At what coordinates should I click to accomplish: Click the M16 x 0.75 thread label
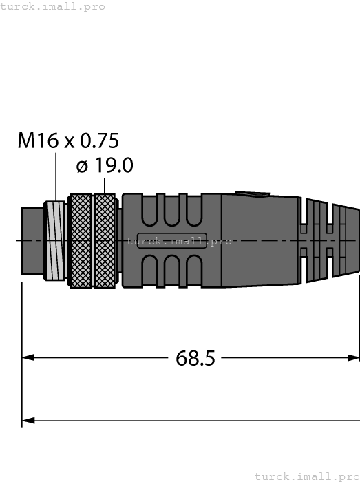tap(68, 140)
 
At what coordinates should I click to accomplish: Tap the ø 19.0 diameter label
tap(104, 166)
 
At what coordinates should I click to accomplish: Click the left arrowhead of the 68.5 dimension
tap(28, 358)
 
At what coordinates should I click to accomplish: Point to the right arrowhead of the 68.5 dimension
tap(354, 358)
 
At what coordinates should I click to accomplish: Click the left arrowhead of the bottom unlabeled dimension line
tap(28, 420)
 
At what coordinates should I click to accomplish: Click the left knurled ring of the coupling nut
tap(81, 241)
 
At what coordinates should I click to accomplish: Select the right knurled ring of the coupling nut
tap(105, 241)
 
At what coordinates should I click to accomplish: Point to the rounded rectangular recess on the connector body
tap(172, 241)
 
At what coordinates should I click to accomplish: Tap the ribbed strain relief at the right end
tap(330, 241)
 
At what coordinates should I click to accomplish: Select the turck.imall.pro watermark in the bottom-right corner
tap(307, 476)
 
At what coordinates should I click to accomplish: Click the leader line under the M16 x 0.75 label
tap(55, 176)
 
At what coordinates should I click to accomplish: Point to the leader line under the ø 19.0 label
tap(104, 185)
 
